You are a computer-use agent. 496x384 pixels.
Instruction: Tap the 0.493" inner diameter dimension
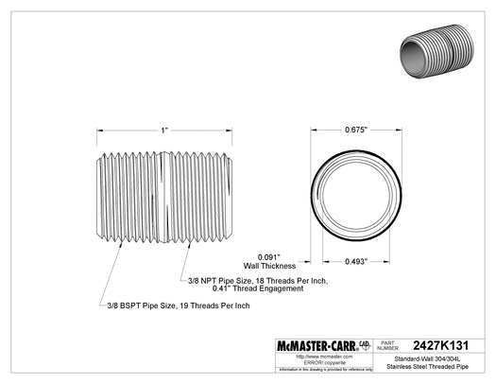356,261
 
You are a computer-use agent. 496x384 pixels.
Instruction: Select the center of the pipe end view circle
356,192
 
